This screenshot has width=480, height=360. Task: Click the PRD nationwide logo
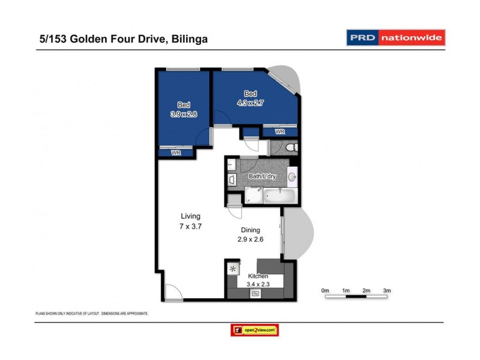pyautogui.click(x=396, y=38)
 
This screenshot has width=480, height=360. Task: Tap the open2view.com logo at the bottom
pyautogui.click(x=254, y=330)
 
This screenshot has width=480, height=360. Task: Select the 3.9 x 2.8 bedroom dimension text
pyautogui.click(x=184, y=113)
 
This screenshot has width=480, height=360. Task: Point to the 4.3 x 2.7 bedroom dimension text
pyautogui.click(x=251, y=103)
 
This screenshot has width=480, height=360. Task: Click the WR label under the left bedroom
pyautogui.click(x=176, y=153)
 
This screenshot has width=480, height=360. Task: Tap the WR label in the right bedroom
pyautogui.click(x=280, y=131)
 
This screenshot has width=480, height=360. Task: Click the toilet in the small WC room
pyautogui.click(x=289, y=147)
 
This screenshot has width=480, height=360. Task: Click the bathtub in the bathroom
pyautogui.click(x=280, y=195)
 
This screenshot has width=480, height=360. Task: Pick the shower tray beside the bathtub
pyautogui.click(x=254, y=195)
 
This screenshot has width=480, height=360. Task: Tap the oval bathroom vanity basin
pyautogui.click(x=292, y=176)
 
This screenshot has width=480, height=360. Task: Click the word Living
pyautogui.click(x=191, y=216)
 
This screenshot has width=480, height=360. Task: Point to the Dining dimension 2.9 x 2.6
pyautogui.click(x=251, y=239)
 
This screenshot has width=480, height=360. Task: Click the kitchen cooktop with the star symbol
pyautogui.click(x=233, y=269)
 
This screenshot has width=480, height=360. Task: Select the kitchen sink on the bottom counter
pyautogui.click(x=256, y=293)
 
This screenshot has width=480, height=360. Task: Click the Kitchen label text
pyautogui.click(x=257, y=276)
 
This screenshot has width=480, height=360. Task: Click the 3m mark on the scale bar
pyautogui.click(x=387, y=290)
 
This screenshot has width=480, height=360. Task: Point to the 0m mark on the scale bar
pyautogui.click(x=325, y=290)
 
